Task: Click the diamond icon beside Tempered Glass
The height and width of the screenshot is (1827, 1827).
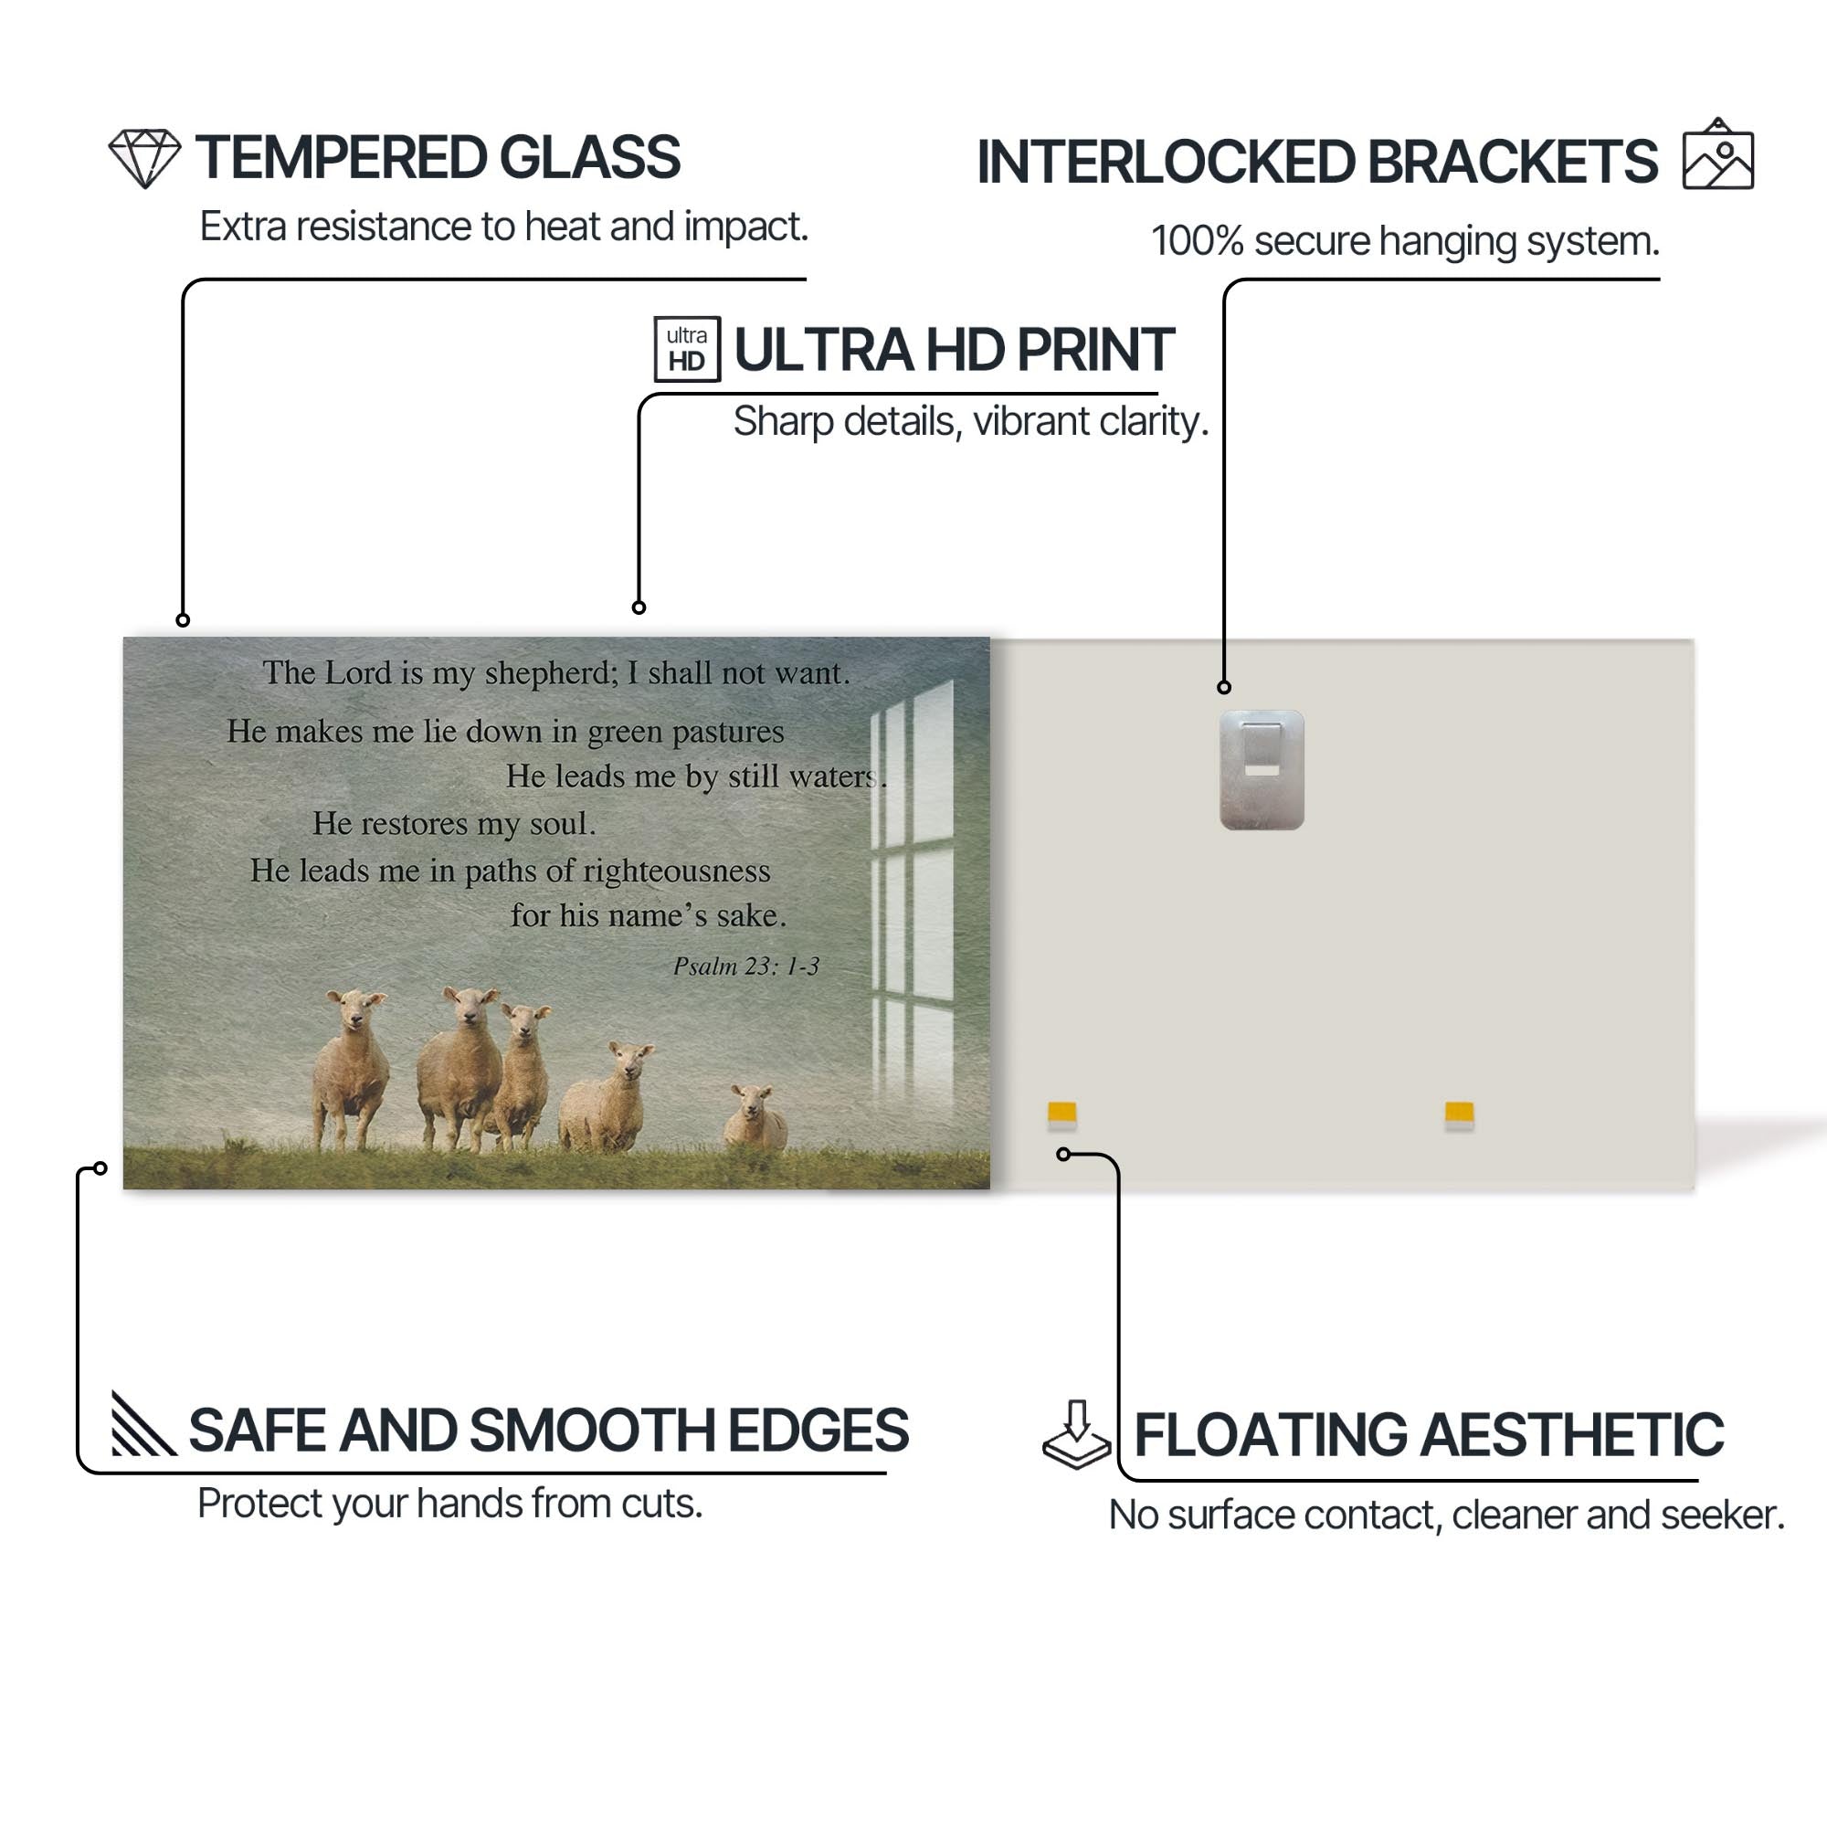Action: click(143, 159)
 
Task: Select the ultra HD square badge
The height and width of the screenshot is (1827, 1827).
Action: click(687, 349)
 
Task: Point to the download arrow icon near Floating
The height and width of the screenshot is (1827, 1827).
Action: click(1076, 1433)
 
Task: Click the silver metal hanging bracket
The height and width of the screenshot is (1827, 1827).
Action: click(1262, 770)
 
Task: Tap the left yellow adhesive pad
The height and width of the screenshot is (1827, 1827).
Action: click(1062, 1114)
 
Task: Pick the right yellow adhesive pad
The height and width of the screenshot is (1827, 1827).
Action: click(1459, 1114)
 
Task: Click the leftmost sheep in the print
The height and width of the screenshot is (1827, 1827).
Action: click(351, 1069)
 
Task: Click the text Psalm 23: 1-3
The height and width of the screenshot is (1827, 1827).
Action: click(746, 966)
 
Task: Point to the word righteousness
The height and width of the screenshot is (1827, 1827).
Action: click(676, 871)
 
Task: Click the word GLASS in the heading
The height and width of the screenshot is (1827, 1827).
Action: click(589, 157)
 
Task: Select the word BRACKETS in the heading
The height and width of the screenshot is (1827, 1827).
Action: click(1512, 162)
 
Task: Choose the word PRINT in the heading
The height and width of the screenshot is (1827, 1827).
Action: click(1095, 350)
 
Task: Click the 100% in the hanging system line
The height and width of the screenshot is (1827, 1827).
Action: click(1197, 241)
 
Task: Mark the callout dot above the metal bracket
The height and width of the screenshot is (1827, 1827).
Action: click(1224, 688)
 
